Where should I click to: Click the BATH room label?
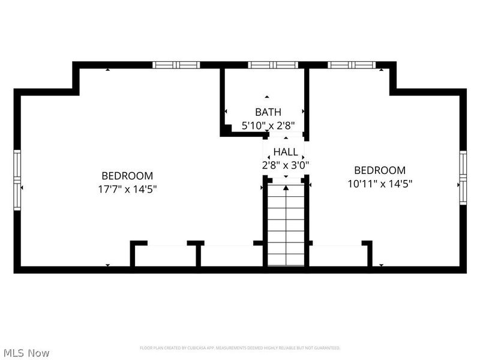coord(268,112)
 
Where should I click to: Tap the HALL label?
coord(286,151)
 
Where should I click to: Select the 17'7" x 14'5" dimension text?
coord(127,189)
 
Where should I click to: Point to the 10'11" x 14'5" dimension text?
coord(380,184)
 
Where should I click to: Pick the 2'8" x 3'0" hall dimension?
coord(286,164)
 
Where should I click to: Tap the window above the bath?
coord(273,65)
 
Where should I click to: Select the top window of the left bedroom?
coord(175,65)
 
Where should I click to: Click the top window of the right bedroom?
coord(352,65)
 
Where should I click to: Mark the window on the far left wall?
coord(17,174)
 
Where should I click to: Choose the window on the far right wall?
coord(463,177)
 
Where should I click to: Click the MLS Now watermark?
coord(26,353)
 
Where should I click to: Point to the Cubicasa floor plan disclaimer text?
coord(240,348)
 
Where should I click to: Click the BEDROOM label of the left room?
coord(127,176)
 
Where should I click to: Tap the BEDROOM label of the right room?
coord(380,170)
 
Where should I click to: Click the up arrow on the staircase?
coord(286,188)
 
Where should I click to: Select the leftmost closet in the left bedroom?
coord(164,255)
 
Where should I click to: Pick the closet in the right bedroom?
coord(337,255)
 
